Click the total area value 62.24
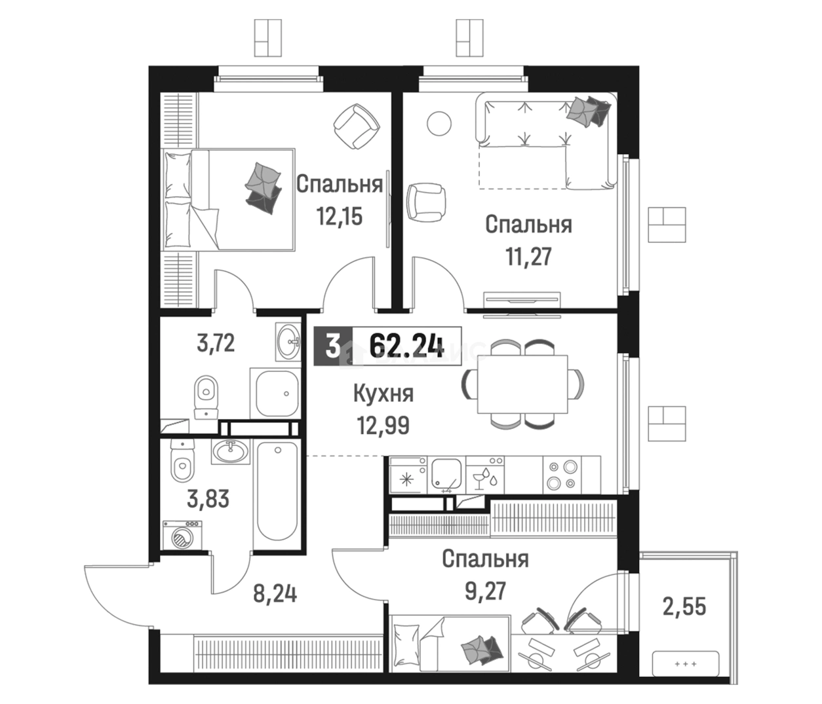coord(406,346)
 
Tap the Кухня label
coord(383,394)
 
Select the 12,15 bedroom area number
coord(339,217)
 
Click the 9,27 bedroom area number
coord(485,591)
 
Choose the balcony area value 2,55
coord(684,606)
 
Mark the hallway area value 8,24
coord(275,595)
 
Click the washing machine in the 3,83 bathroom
coord(182,535)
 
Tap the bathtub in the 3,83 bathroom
coord(277,491)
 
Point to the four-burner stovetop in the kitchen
coord(562,475)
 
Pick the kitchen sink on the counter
coord(446,474)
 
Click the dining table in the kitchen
coord(522,384)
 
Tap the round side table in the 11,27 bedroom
coord(439,123)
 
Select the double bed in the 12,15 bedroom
coord(228,200)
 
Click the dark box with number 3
coord(332,346)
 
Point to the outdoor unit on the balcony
coord(686,663)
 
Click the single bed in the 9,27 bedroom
coord(450,644)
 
